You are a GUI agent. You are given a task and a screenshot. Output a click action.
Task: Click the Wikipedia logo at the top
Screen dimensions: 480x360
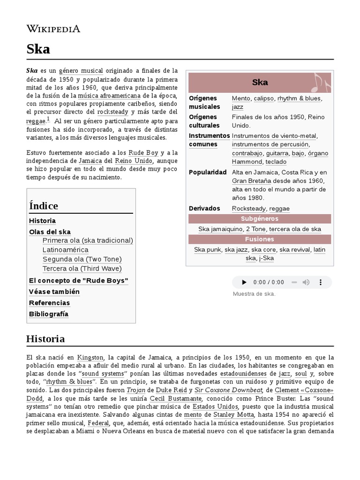click(x=53, y=29)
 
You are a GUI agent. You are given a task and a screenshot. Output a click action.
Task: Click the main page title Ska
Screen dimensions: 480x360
click(x=38, y=49)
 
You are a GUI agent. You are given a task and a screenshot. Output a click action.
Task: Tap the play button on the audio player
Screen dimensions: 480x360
click(x=244, y=282)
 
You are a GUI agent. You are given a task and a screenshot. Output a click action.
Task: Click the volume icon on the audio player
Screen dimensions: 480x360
click(x=306, y=282)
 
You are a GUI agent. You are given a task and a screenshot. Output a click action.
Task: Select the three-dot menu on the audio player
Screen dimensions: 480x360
click(x=321, y=282)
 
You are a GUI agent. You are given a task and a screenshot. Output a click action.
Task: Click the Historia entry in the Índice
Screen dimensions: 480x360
click(x=42, y=221)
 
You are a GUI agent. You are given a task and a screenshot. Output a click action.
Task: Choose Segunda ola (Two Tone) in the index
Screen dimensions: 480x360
click(x=82, y=259)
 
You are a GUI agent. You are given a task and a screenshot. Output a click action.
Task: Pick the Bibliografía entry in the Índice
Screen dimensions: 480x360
click(x=49, y=314)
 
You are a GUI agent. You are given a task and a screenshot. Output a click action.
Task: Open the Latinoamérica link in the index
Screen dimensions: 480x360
click(x=65, y=250)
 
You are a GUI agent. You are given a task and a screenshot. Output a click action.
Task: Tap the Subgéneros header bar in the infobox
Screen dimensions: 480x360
click(x=260, y=219)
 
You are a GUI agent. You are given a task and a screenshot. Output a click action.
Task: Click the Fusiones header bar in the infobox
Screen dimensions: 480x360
click(x=260, y=239)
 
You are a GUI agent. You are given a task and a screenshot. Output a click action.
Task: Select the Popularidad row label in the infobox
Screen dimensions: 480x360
click(x=208, y=172)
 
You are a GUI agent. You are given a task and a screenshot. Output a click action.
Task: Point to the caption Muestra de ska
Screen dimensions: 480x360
click(x=254, y=294)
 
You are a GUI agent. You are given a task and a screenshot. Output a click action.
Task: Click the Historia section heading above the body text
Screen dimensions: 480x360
click(x=45, y=338)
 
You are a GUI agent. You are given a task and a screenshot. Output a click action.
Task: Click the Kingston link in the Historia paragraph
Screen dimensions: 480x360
click(x=90, y=357)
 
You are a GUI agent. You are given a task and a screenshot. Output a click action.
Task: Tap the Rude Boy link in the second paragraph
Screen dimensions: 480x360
click(x=143, y=153)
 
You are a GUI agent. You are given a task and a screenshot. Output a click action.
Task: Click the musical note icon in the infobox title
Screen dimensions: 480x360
click(x=322, y=82)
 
